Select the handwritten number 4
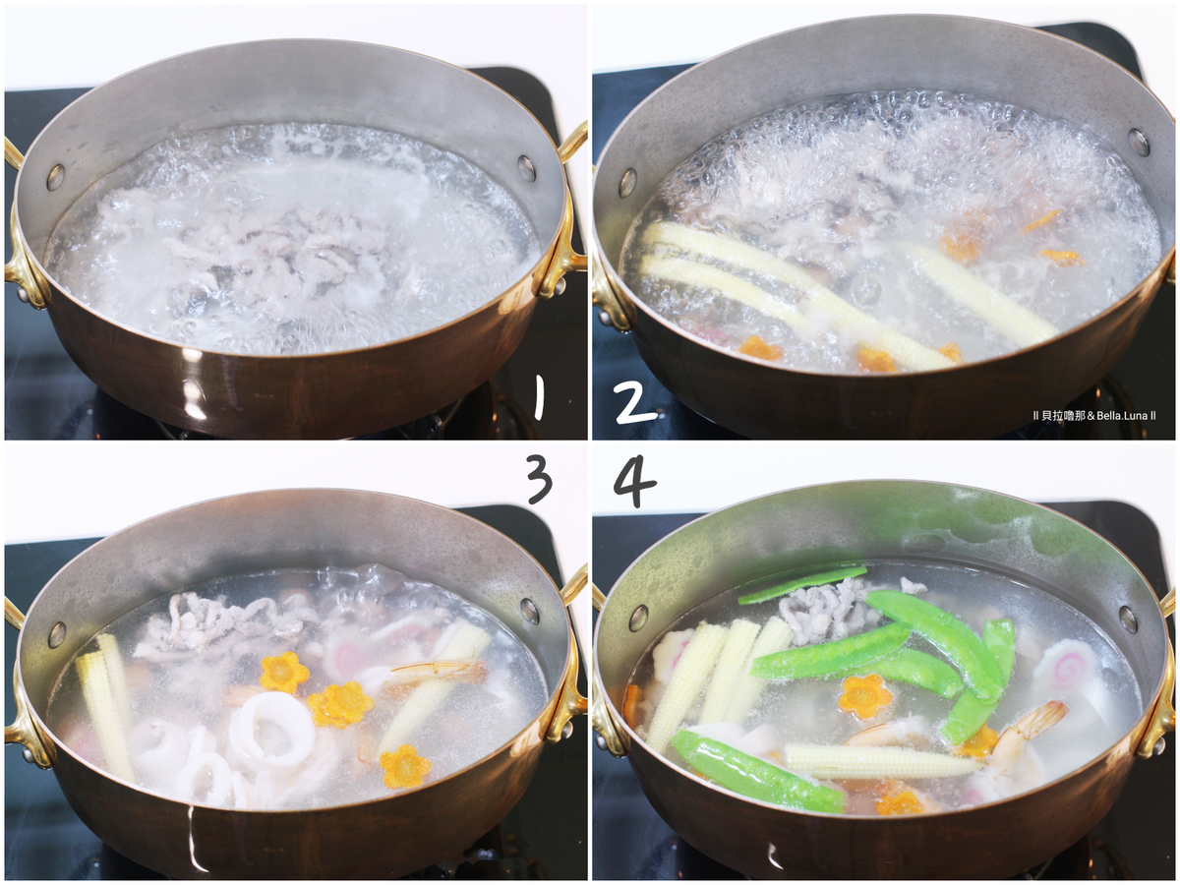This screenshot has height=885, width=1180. point(635,483)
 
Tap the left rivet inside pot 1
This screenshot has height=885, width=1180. point(55,177)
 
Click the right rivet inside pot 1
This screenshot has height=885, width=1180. point(527,167)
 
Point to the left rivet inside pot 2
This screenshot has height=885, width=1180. point(626,183)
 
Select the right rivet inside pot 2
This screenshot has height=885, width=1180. point(1139,143)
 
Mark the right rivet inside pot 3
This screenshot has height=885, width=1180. point(529,611)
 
